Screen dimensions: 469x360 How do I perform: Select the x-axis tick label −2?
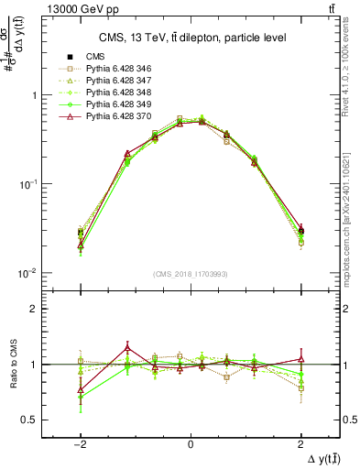[80, 443]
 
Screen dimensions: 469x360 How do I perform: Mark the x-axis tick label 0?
[191, 443]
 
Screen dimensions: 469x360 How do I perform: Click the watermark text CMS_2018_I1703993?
[190, 273]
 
